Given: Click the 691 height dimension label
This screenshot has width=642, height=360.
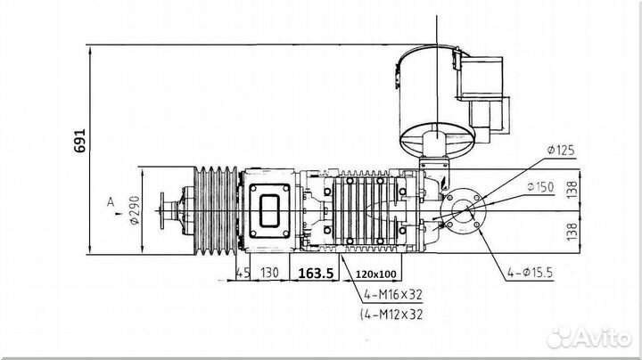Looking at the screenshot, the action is (x=80, y=141).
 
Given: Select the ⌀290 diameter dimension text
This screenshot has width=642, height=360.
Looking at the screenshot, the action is (x=135, y=210).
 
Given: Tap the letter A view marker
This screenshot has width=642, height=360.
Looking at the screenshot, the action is (x=111, y=201).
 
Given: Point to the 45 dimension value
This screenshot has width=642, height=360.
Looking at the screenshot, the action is (x=243, y=273).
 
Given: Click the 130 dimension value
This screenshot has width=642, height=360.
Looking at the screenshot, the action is (x=269, y=273).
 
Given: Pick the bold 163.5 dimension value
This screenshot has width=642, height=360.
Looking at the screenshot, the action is (x=316, y=274).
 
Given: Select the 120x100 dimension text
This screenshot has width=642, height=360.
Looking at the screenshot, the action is (x=376, y=274).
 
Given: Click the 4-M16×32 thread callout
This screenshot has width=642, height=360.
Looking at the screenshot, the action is (x=392, y=294).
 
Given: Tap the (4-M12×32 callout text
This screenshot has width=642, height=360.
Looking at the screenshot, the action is (x=391, y=315).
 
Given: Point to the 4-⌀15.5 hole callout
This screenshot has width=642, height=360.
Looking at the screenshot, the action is (x=531, y=272).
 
